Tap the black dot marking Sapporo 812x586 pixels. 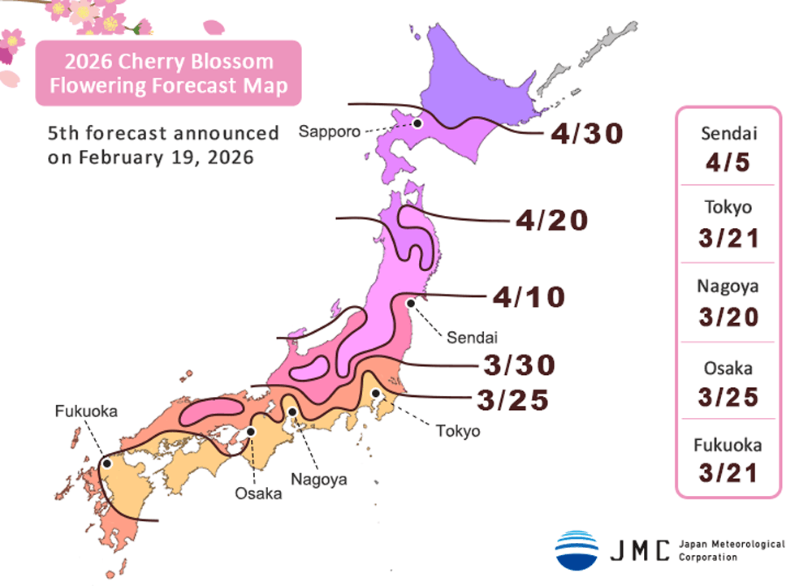click(417, 123)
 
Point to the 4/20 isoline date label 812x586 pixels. click(551, 219)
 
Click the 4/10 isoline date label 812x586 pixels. click(529, 297)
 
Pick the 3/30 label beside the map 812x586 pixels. click(519, 365)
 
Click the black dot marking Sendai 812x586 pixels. click(411, 303)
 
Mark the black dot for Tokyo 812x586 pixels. click(376, 394)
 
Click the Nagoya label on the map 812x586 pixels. click(320, 479)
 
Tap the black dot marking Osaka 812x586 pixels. click(252, 432)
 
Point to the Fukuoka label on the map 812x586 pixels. click(86, 411)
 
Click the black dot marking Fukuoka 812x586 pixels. click(106, 463)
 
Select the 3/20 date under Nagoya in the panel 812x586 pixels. click(728, 315)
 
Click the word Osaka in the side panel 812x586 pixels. click(728, 368)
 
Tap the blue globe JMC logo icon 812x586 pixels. click(577, 549)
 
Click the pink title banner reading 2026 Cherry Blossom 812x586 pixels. click(168, 73)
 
